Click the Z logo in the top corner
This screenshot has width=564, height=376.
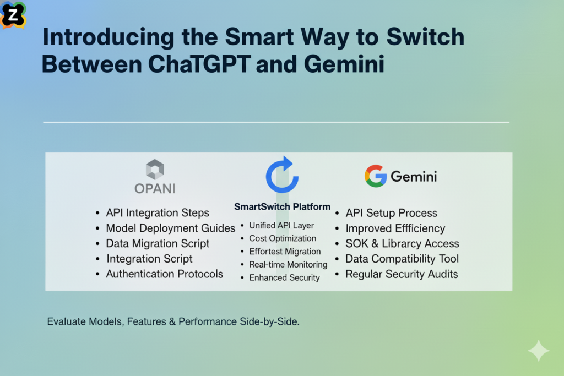[x=13, y=14]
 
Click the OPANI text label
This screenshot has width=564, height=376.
[x=155, y=188]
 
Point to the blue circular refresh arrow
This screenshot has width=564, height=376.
[x=282, y=175]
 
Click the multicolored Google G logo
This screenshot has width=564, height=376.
[x=375, y=176]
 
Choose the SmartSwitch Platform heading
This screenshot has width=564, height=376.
[x=282, y=207]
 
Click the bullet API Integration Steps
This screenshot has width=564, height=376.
[x=158, y=213]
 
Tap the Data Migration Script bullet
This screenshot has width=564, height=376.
[x=158, y=243]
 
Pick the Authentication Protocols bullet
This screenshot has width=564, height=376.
[x=164, y=274]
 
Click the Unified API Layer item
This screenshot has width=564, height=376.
[x=281, y=225]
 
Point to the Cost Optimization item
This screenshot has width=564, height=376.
[x=283, y=238]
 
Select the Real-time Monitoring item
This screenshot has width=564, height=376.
[x=288, y=265]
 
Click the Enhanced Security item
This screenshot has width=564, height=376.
[x=284, y=277]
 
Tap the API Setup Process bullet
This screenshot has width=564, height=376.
[x=391, y=213]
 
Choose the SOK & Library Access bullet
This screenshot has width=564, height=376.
[x=402, y=243]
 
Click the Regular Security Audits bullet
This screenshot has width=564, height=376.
[x=402, y=274]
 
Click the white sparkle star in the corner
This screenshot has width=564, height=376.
[x=538, y=351]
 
